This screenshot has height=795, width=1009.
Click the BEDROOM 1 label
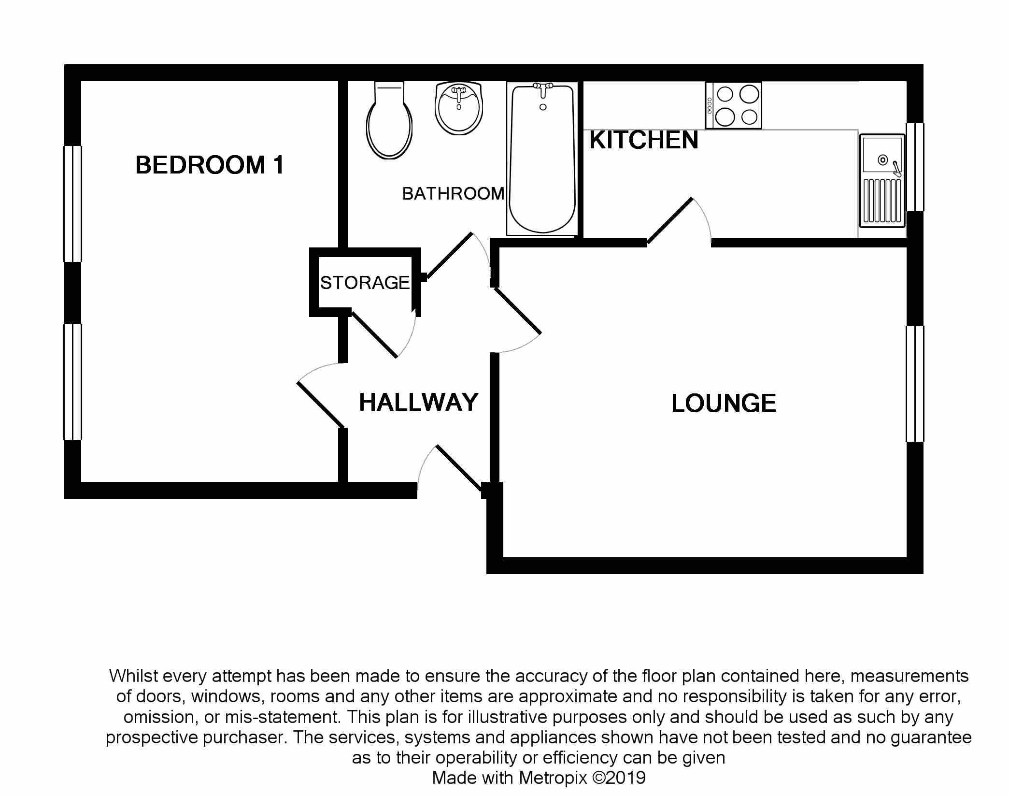(x=209, y=165)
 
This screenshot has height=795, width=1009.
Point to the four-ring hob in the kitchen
(x=733, y=105)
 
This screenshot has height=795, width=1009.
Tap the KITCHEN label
(x=643, y=141)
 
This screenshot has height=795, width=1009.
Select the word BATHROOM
(x=453, y=194)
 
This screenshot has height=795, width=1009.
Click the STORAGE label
(x=365, y=283)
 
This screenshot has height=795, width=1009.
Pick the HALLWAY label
(x=418, y=403)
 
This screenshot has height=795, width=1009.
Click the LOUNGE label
(x=724, y=404)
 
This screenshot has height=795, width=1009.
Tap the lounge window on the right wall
(x=914, y=384)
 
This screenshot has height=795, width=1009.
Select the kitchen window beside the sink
(x=914, y=167)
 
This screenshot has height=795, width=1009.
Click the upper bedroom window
(x=73, y=203)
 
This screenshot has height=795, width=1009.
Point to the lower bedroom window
(x=73, y=382)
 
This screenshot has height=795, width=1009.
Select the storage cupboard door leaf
(x=374, y=334)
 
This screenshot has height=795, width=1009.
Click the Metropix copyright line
(x=539, y=778)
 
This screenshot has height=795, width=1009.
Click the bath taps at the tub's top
(x=543, y=87)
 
